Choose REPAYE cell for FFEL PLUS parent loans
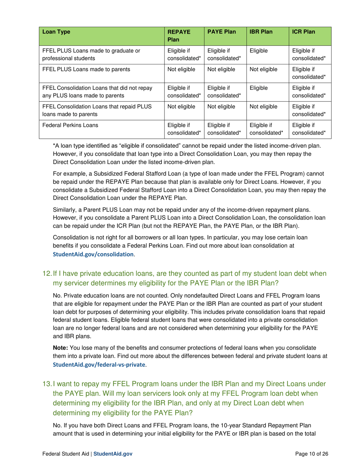tap(181, 69)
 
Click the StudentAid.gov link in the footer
tap(113, 453)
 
